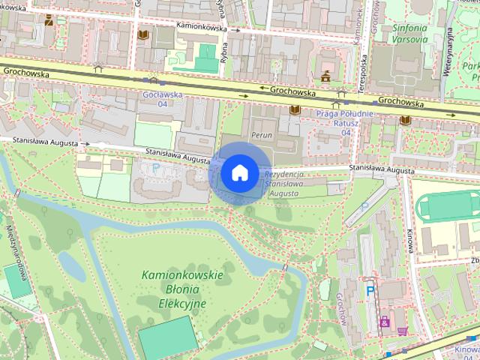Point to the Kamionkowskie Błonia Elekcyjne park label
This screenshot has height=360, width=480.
pyautogui.click(x=182, y=289)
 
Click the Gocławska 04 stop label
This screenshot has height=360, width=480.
pyautogui.click(x=158, y=99)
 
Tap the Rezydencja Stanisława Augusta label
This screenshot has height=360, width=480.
pyautogui.click(x=282, y=184)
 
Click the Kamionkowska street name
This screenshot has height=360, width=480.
pyautogui.click(x=203, y=25)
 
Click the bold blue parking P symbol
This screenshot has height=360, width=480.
pyautogui.click(x=370, y=288)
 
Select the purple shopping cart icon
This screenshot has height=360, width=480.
pyautogui.click(x=403, y=330)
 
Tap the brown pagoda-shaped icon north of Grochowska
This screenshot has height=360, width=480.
pyautogui.click(x=326, y=76)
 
